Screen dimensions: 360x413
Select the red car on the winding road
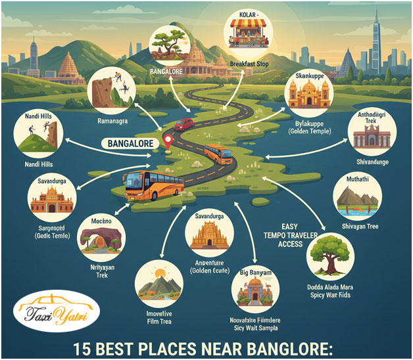point(183,124)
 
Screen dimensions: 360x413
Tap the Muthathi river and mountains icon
point(357,198)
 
